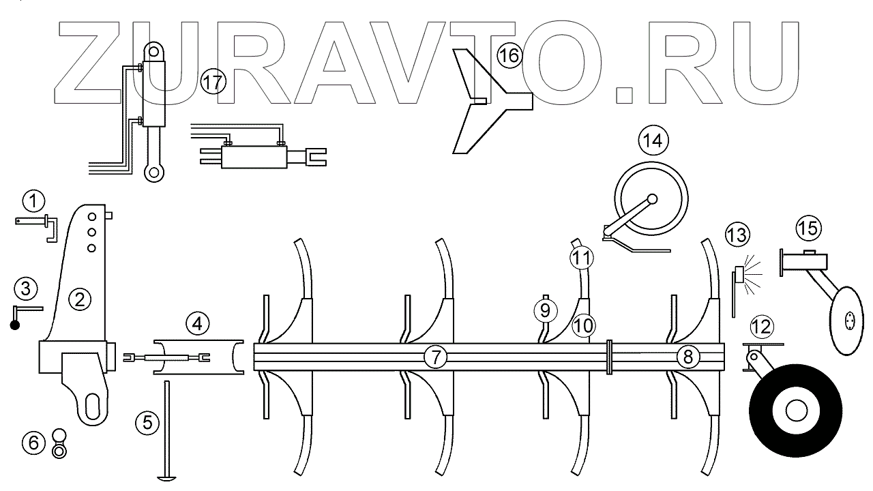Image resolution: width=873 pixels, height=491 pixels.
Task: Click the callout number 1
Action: tap(33, 201)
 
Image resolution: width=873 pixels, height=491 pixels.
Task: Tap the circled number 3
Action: tap(26, 288)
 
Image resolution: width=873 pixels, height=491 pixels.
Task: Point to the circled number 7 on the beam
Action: tap(435, 356)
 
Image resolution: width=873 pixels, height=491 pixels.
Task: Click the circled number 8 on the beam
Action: tap(687, 356)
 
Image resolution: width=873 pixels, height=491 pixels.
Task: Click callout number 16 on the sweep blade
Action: tap(508, 55)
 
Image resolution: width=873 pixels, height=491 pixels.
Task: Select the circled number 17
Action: tap(213, 83)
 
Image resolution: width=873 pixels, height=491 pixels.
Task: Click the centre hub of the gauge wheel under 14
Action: tap(652, 199)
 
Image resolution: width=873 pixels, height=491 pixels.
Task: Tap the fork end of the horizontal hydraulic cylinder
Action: tap(314, 158)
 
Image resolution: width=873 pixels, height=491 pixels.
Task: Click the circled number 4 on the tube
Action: tap(197, 323)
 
